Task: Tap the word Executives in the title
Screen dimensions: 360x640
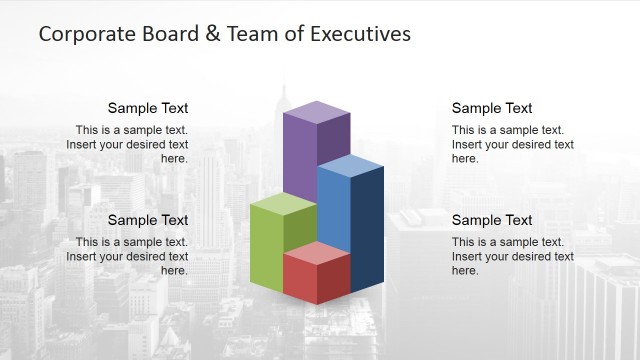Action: pos(361,34)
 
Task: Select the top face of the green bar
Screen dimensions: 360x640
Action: pos(283,205)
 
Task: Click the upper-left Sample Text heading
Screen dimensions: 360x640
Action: pos(148,108)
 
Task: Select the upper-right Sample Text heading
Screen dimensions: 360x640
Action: pos(492,108)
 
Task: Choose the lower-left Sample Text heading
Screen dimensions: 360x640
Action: pos(148,220)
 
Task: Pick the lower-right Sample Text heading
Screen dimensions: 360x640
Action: pos(492,220)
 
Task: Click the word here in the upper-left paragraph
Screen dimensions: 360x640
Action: pos(174,158)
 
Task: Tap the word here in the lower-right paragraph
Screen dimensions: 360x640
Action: pos(465,270)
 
